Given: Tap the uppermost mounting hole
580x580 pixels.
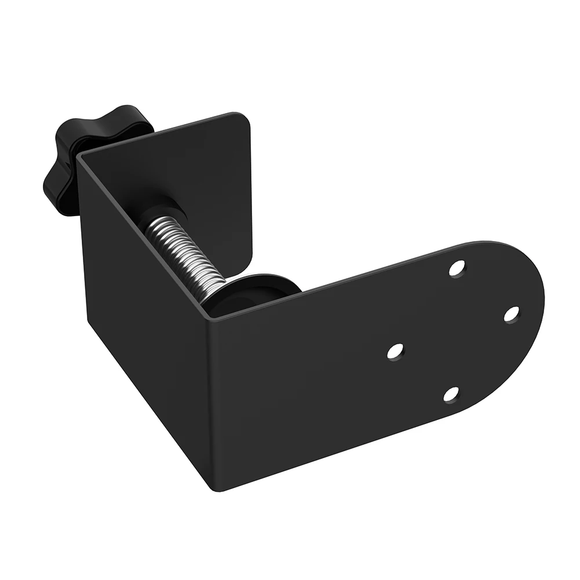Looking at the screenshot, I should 458,268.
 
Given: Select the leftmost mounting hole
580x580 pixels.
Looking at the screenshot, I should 395,351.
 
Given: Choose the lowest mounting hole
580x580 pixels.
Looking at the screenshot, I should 451,394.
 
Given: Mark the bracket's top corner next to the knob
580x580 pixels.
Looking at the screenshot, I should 79,155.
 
